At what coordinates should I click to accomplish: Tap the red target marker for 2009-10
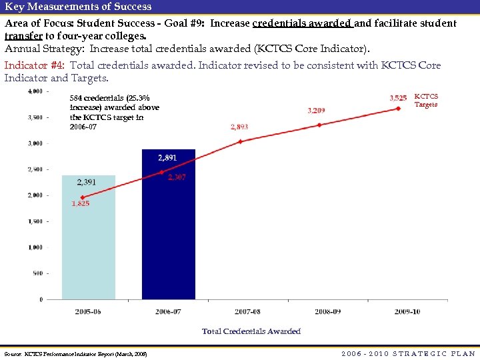[398, 109]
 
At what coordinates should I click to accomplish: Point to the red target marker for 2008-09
[319, 125]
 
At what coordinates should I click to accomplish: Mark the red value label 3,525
[397, 97]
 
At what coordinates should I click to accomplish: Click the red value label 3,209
[316, 110]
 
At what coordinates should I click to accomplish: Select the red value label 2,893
[239, 127]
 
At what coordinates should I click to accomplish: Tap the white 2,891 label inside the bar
[167, 158]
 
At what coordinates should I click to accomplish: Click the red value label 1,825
[81, 204]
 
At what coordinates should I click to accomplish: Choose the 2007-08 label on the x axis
[247, 311]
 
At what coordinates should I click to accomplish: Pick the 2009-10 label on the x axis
[407, 311]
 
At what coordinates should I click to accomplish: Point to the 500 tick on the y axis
[37, 273]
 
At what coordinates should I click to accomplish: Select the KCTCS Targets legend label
[426, 101]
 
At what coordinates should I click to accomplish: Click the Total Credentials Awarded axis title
[251, 331]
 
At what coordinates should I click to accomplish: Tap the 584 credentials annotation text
[114, 112]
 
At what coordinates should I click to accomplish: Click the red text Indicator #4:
[35, 65]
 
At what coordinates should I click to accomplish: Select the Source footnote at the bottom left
[75, 353]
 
